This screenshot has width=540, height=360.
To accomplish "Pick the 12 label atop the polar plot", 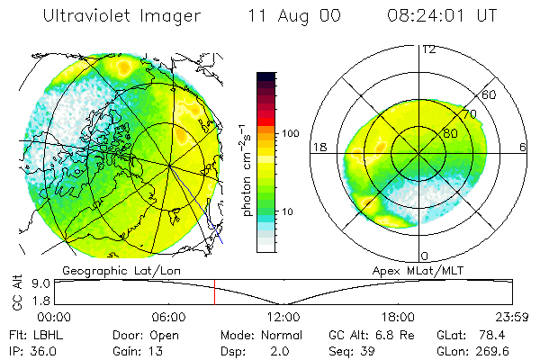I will [428, 49].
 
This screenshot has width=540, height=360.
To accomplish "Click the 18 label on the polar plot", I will [319, 147].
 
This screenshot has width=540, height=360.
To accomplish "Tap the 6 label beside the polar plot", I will [524, 147].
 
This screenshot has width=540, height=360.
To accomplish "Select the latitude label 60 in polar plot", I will [490, 94].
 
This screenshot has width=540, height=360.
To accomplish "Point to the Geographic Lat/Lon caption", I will [105, 270].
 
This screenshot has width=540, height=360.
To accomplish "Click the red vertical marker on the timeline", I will [214, 292].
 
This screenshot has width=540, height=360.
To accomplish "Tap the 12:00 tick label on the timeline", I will [283, 317].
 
